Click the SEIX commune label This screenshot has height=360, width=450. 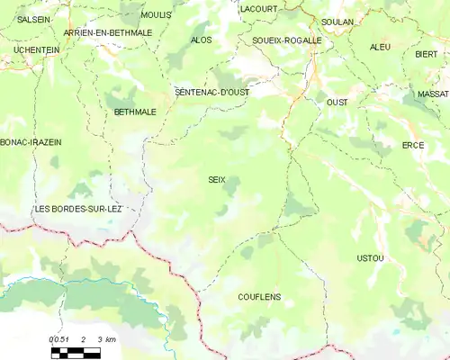tap(217, 180)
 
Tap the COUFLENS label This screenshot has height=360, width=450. tap(259, 296)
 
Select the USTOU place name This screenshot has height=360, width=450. tap(370, 258)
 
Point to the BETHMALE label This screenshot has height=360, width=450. tap(135, 112)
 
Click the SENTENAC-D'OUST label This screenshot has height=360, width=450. tap(211, 92)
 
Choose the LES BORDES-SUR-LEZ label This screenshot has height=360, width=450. tap(77, 209)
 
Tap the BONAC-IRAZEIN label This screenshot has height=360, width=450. tap(31, 142)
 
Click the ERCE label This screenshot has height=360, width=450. tap(413, 145)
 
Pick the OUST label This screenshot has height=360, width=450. tap(337, 103)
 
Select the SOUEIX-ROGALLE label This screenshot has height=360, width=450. tap(286, 40)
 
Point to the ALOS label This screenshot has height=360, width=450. tap(202, 40)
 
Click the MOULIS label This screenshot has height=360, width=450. tap(157, 15)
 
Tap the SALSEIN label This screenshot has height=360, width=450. tap(34, 19)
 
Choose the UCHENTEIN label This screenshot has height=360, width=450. tap(37, 50)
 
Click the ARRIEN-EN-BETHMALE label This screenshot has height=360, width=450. tap(108, 32)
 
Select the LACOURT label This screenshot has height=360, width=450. tap(259, 8)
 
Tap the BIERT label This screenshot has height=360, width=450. tap(426, 54)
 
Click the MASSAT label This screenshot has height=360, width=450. tap(433, 94)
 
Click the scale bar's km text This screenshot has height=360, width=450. tap(110, 339)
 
